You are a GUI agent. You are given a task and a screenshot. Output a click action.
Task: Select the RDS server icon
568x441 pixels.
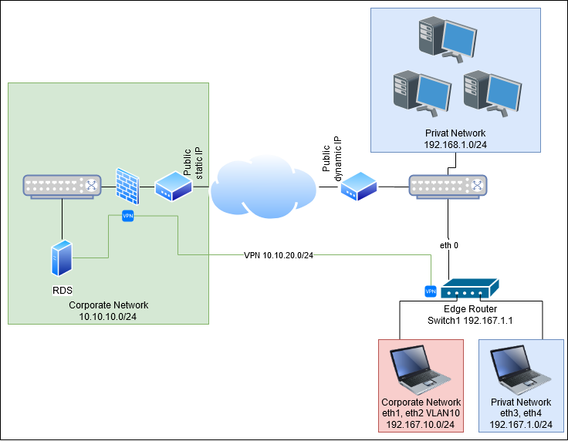point(62,257)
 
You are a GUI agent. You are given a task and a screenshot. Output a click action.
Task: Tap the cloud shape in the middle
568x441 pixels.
point(262,187)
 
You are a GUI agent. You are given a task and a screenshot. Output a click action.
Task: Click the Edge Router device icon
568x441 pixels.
point(466,290)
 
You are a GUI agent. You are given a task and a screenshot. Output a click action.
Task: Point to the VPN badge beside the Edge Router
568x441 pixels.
point(431,291)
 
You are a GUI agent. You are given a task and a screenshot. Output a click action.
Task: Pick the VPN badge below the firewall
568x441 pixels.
point(128,216)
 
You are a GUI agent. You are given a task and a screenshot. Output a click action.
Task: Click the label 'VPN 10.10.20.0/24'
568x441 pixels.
point(278,255)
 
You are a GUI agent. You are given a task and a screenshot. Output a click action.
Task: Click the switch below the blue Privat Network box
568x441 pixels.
point(448,186)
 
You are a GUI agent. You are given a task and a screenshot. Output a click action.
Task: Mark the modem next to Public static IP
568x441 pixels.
point(174,187)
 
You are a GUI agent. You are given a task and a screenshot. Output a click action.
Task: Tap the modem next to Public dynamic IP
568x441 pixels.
point(359,186)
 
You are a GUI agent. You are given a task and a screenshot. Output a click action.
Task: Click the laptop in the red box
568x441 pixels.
point(421,369)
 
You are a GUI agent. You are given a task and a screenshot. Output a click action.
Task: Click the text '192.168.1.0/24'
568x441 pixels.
point(455,143)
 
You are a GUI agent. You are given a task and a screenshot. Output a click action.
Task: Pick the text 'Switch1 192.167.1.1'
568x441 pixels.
point(470,320)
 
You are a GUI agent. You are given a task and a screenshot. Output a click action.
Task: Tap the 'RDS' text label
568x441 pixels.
point(63,291)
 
